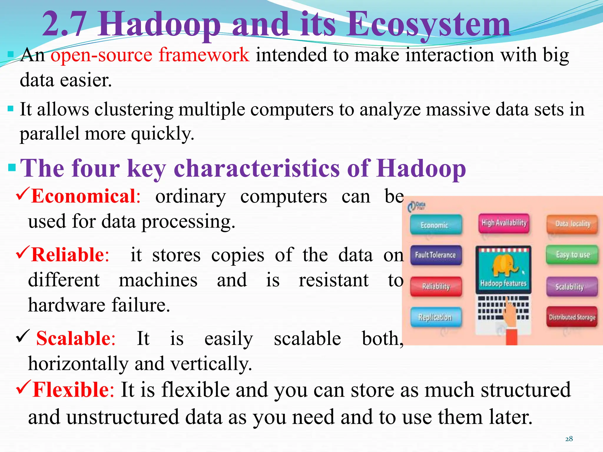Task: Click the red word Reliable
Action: coord(68,255)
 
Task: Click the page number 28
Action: coord(569,439)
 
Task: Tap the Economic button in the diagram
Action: coord(435,225)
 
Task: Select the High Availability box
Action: coord(504,223)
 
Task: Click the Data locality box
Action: coord(572,224)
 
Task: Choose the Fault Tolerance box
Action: coord(435,255)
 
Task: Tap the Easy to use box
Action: coord(572,255)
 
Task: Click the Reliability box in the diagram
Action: coord(436,286)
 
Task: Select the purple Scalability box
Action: coord(572,286)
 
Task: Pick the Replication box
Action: coord(435,317)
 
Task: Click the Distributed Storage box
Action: coord(572,317)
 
